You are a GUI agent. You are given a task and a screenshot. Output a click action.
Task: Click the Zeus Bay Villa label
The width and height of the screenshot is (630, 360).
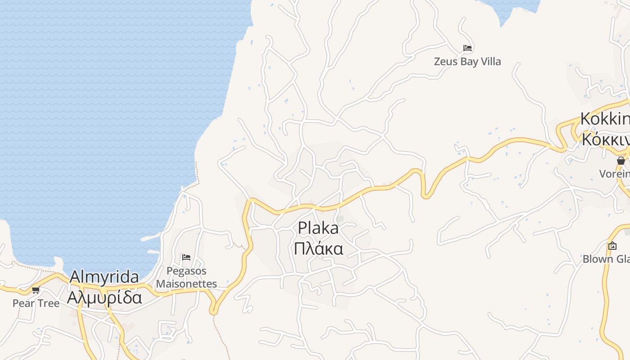[467, 61]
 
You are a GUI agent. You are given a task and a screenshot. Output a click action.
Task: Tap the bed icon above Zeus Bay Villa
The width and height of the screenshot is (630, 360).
[468, 48]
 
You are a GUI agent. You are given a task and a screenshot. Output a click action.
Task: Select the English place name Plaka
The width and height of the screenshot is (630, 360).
[318, 228]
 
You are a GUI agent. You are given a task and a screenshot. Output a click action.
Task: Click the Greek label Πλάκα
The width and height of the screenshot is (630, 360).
[318, 248]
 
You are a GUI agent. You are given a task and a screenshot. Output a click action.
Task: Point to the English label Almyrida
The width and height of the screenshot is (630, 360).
[104, 277]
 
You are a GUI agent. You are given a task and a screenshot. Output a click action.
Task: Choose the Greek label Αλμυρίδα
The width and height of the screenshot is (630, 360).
[104, 297]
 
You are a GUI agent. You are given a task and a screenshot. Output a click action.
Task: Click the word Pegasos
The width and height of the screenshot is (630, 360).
[186, 271]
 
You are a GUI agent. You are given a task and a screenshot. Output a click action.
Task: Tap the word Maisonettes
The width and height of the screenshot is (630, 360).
[186, 284]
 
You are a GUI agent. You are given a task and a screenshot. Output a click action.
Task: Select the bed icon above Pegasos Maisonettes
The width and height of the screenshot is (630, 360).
[186, 257]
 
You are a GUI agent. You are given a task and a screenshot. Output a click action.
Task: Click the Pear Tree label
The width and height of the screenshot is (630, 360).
[36, 303]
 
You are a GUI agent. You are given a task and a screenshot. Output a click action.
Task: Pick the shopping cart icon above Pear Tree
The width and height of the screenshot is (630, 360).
[36, 290]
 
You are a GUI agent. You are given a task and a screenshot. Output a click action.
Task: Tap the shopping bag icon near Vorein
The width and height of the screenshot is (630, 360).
[621, 160]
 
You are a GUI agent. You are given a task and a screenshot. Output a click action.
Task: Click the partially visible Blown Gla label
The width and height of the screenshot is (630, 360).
[606, 259]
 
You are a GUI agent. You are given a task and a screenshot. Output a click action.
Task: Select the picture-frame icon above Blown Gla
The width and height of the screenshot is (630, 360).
[612, 246]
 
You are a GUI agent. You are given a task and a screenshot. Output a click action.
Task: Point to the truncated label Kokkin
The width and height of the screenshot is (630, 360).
[605, 119]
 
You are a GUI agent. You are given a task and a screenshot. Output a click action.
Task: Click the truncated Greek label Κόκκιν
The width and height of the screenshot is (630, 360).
[605, 139]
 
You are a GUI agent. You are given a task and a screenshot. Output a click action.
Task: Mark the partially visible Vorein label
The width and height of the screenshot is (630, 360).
[614, 174]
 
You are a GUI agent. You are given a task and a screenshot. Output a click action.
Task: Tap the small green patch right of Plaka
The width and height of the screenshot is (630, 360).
[341, 219]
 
